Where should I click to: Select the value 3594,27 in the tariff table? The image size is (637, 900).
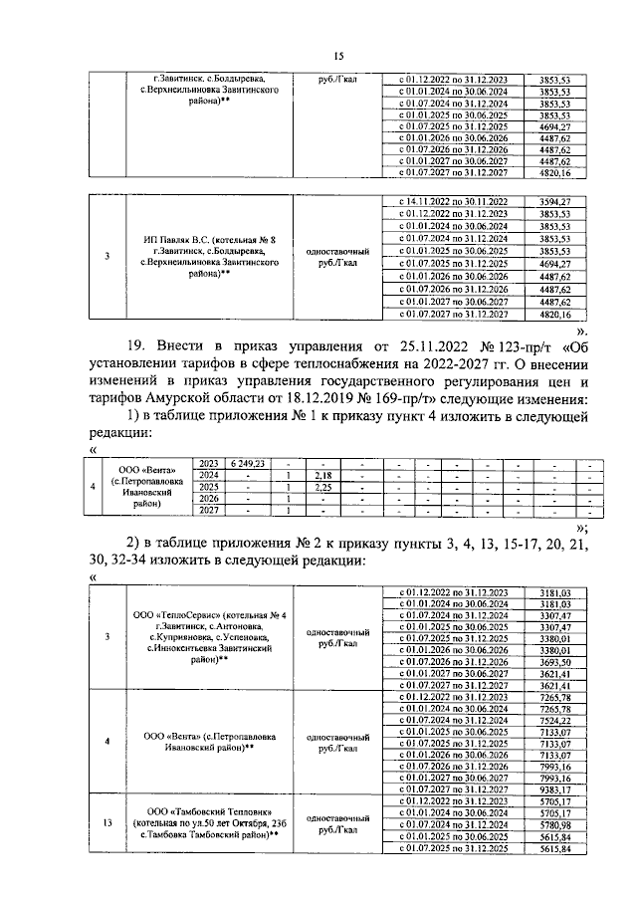(x=552, y=202)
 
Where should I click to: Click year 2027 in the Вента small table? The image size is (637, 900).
(x=209, y=511)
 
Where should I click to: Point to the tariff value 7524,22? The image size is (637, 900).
(x=552, y=720)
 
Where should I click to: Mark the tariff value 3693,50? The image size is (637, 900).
(x=552, y=661)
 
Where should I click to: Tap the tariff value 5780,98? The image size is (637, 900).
(x=552, y=824)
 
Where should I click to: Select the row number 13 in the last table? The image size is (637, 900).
(x=106, y=824)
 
